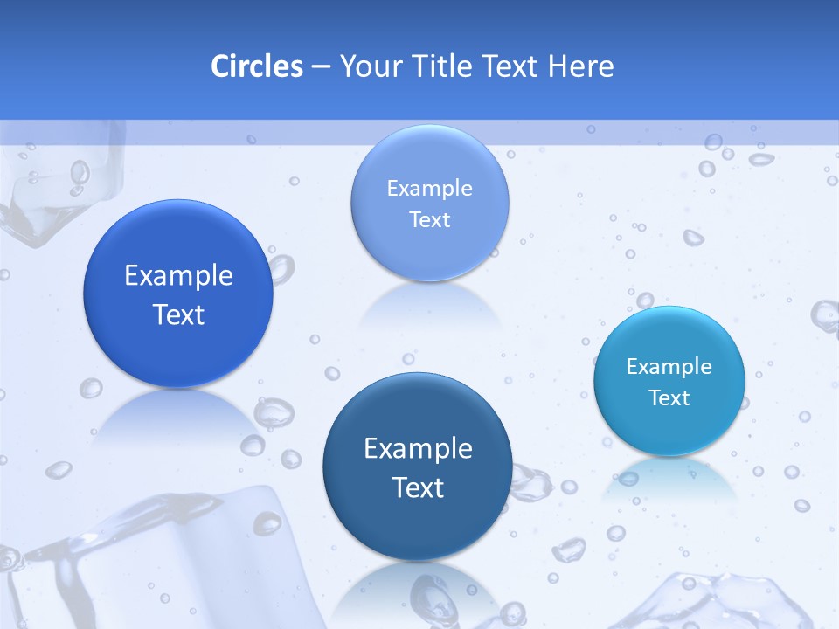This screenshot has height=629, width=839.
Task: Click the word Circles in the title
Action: click(x=256, y=66)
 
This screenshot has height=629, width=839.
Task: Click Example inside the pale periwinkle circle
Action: click(x=429, y=189)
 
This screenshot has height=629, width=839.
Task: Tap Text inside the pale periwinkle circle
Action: click(x=429, y=220)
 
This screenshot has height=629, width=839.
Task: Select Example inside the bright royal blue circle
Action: click(x=178, y=276)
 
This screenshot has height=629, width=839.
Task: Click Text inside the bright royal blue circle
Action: click(x=178, y=314)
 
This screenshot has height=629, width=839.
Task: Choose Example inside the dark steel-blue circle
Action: click(x=418, y=449)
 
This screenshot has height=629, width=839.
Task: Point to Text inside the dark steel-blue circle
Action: click(x=418, y=487)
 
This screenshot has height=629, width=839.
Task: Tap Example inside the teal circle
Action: click(x=669, y=367)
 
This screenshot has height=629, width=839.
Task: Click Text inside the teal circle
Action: click(x=669, y=398)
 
